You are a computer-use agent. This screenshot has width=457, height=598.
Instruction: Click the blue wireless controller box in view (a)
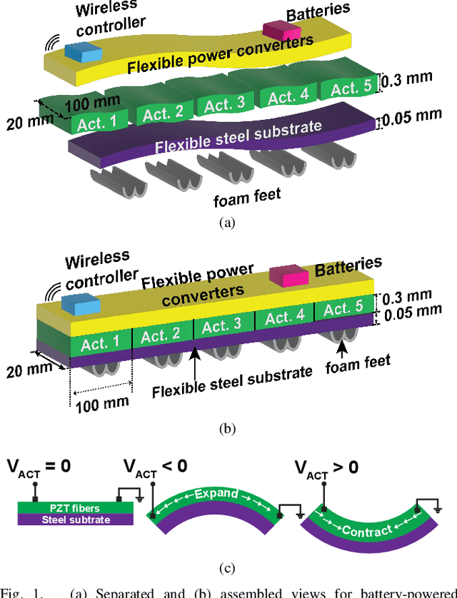84,51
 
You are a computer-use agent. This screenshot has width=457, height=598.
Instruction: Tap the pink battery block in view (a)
281,30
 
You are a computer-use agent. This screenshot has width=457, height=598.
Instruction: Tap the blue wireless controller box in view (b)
79,303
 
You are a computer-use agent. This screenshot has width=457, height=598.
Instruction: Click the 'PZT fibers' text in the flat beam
75,508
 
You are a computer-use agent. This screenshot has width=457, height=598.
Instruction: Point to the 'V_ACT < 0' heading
156,467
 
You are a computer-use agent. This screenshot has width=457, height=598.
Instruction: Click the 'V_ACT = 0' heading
39,467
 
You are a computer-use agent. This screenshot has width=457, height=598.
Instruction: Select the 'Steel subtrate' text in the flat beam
75,520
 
